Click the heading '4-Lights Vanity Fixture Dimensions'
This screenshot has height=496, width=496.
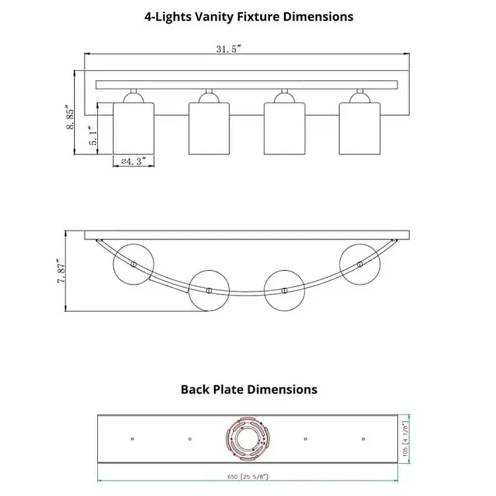[249, 16]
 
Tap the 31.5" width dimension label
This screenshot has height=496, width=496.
[229, 49]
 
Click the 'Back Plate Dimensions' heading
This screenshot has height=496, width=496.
[249, 389]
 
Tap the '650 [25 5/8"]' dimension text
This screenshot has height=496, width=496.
[247, 477]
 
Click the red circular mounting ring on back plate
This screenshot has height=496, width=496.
[248, 439]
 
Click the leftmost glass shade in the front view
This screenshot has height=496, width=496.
[133, 128]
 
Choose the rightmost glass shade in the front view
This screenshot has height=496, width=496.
[359, 128]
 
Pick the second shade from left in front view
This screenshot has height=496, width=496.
[209, 128]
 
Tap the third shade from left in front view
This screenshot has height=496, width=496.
[284, 128]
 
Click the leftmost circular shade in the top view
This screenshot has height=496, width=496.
[133, 264]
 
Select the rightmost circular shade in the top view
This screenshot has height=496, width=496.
[359, 264]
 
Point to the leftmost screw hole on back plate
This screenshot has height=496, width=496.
[132, 439]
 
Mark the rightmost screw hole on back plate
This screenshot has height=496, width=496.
[363, 439]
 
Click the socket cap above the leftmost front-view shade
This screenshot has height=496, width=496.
[133, 97]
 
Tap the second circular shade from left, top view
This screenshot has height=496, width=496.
[209, 290]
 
